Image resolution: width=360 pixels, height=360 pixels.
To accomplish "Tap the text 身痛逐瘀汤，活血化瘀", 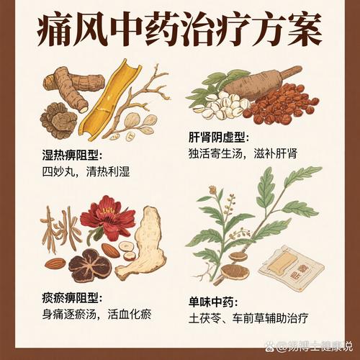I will (x=107, y=314).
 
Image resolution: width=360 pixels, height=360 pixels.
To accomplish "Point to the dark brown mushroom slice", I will (x=91, y=266).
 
